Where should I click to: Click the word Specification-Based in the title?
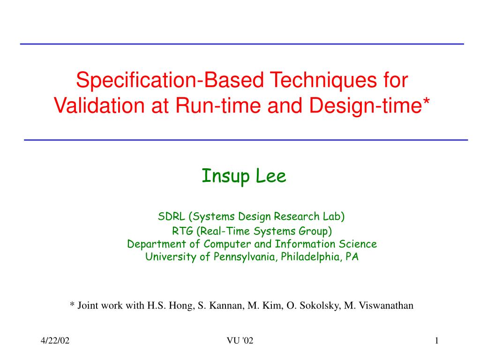click(x=170, y=80)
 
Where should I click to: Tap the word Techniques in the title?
click(x=323, y=81)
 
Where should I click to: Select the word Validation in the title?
click(x=99, y=105)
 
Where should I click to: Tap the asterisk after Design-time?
click(x=427, y=101)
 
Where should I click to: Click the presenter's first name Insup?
click(x=226, y=177)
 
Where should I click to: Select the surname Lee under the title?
click(x=271, y=176)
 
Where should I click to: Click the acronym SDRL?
click(x=172, y=217)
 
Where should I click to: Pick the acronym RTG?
click(x=182, y=231)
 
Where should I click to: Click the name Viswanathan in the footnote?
click(x=386, y=306)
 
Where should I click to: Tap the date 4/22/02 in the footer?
click(x=55, y=340)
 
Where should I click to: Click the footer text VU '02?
click(x=240, y=340)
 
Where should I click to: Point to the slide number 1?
click(x=437, y=340)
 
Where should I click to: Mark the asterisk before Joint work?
click(x=72, y=304)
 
